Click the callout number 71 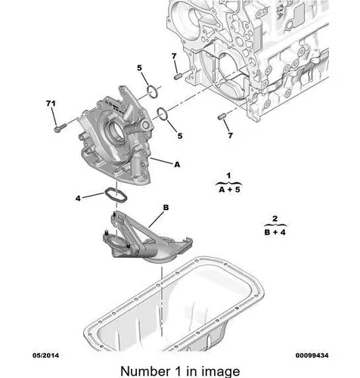[x=51, y=104]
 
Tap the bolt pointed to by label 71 [x=60, y=128]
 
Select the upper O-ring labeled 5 [x=153, y=91]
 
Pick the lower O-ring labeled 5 [x=162, y=114]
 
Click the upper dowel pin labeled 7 [x=178, y=76]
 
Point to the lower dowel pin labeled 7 [x=222, y=117]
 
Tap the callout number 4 [x=78, y=199]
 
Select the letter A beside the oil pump [x=178, y=165]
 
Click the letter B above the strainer [x=166, y=208]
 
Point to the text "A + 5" [x=229, y=190]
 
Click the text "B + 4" [x=275, y=232]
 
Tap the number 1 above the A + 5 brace [x=228, y=175]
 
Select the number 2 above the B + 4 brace [x=275, y=218]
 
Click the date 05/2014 [x=46, y=355]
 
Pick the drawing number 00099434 [x=312, y=355]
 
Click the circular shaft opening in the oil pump [x=115, y=129]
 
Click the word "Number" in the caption [x=145, y=371]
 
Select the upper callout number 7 [x=174, y=57]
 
